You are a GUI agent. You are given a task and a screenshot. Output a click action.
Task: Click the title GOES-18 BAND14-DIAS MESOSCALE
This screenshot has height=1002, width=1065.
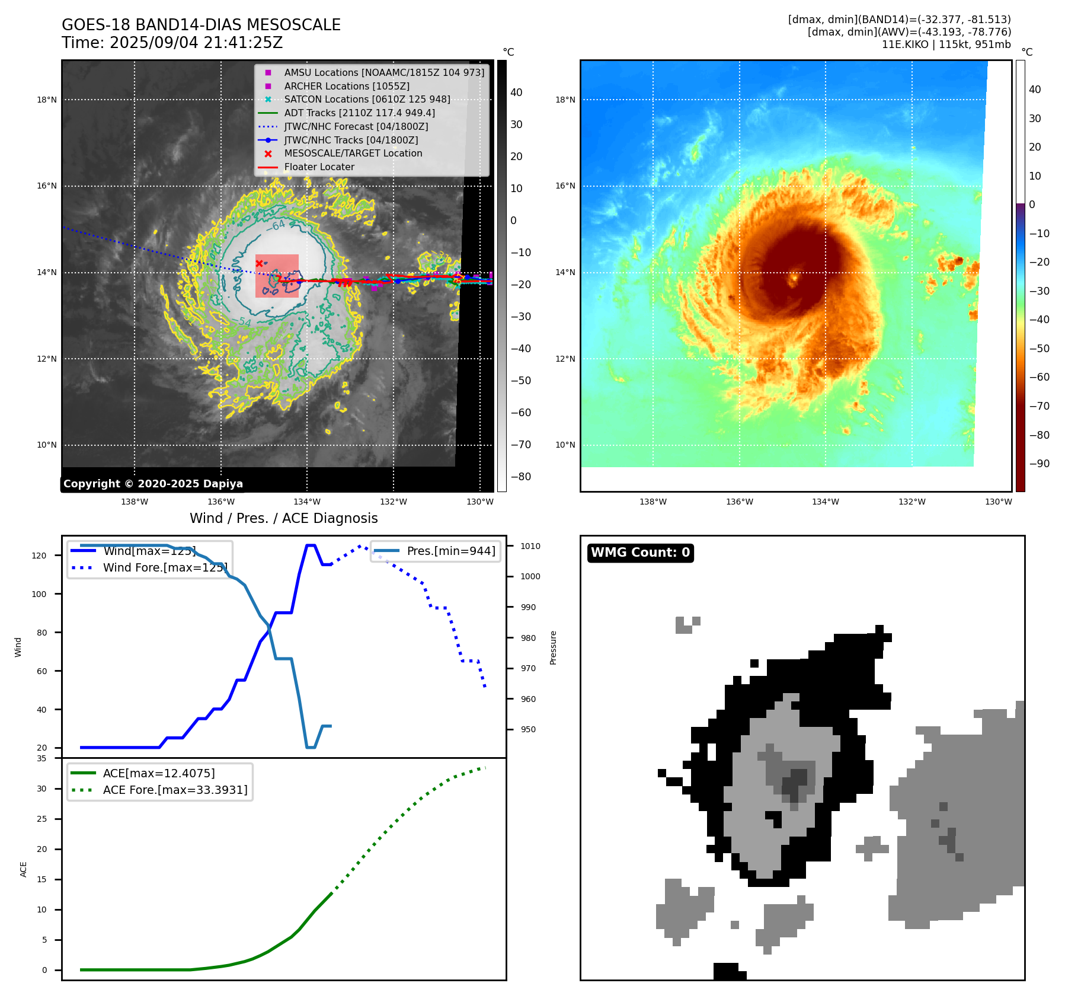(201, 25)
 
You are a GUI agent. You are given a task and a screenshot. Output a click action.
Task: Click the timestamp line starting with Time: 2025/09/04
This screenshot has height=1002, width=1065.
(172, 43)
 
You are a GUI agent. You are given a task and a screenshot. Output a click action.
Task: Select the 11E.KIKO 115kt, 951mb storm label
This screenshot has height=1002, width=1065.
(946, 44)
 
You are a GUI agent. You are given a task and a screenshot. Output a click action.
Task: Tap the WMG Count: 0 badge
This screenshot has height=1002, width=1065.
(640, 553)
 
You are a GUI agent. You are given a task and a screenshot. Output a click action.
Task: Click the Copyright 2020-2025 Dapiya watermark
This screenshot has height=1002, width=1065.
(153, 484)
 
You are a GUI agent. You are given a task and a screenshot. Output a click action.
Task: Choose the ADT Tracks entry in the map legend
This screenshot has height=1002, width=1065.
(359, 113)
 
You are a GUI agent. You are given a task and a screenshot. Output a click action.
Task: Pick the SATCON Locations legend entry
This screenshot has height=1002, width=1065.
(367, 99)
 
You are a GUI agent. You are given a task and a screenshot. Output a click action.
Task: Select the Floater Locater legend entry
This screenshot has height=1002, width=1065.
(319, 167)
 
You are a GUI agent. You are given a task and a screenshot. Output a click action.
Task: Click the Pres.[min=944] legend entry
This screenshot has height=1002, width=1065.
(450, 551)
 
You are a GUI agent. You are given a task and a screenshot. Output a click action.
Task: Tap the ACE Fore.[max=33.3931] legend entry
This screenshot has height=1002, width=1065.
(175, 790)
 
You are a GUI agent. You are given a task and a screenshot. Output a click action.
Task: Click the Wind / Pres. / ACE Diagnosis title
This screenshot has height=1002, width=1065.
(283, 518)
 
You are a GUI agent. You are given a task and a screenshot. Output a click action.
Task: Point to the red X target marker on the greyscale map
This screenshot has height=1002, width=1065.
(259, 263)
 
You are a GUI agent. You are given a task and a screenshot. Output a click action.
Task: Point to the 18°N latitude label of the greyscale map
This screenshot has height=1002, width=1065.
(47, 100)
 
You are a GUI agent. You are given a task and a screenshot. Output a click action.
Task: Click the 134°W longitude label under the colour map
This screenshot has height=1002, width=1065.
(825, 502)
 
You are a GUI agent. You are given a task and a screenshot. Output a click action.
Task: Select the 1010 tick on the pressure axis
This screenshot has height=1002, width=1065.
(530, 546)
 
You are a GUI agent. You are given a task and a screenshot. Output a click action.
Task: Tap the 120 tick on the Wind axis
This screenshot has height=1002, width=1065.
(39, 556)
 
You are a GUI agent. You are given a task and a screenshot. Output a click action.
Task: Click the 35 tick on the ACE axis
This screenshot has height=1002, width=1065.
(41, 758)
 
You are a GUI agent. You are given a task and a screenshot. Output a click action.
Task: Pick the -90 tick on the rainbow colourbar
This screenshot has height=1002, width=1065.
(1039, 464)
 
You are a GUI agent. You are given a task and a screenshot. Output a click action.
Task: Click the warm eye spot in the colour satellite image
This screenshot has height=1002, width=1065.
(794, 277)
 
